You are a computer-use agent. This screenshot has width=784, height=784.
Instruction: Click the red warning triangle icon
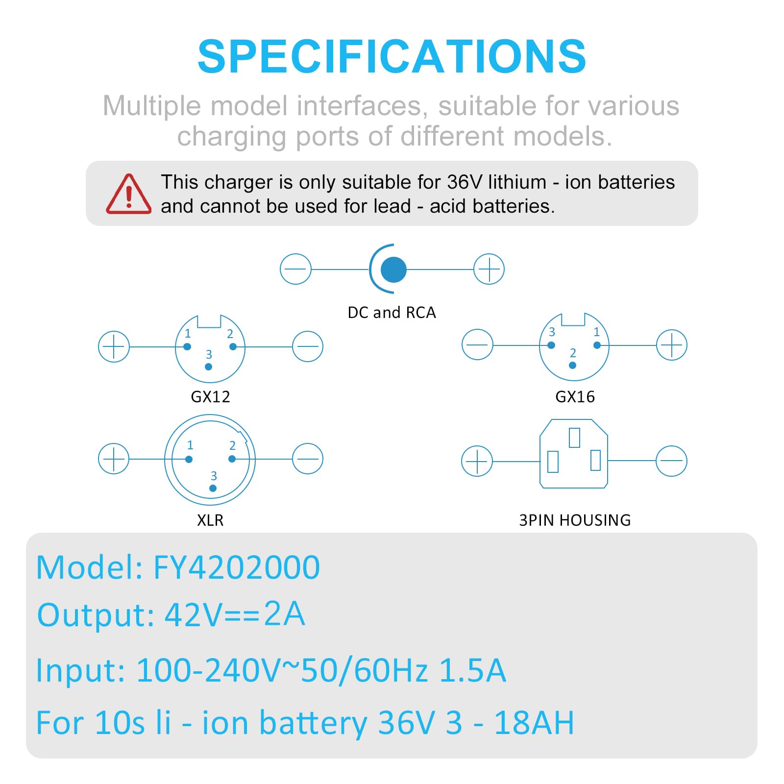click(x=128, y=195)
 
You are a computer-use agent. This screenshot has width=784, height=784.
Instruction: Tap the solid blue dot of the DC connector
click(x=393, y=269)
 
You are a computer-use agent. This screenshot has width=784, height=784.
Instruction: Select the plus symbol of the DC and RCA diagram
click(x=489, y=269)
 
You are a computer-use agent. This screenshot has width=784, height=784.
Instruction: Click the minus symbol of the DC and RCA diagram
click(x=295, y=269)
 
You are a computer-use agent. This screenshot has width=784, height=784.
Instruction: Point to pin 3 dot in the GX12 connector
click(x=209, y=367)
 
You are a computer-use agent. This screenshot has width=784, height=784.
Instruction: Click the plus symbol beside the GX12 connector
click(x=114, y=346)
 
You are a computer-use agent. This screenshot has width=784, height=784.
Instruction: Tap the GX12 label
click(x=210, y=396)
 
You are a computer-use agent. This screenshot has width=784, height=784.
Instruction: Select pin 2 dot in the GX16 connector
click(x=572, y=365)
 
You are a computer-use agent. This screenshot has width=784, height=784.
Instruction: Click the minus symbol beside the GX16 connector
click(x=477, y=344)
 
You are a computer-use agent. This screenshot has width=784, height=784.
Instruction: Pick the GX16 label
click(x=575, y=396)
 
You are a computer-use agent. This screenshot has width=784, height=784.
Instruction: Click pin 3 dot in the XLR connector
click(x=213, y=488)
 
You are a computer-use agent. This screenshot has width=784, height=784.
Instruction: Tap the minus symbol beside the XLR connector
click(x=308, y=459)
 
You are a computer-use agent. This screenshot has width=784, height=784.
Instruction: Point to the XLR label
click(x=210, y=520)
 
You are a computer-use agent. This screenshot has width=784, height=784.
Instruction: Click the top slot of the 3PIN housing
click(x=574, y=438)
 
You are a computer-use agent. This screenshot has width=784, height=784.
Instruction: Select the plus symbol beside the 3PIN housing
click(x=477, y=461)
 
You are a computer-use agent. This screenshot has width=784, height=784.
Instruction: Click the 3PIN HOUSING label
click(x=575, y=520)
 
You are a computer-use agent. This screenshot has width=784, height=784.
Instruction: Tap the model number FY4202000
click(x=237, y=567)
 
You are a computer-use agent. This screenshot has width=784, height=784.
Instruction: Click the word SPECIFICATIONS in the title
click(x=392, y=56)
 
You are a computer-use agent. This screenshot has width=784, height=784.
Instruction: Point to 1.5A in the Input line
click(x=472, y=670)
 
